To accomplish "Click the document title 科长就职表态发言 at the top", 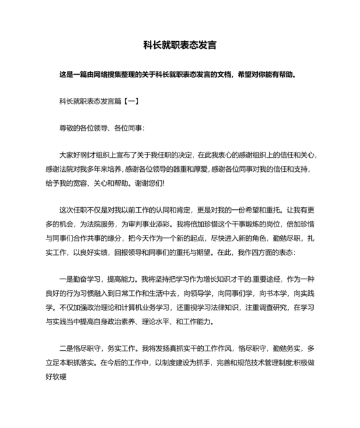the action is (x=179, y=46).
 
